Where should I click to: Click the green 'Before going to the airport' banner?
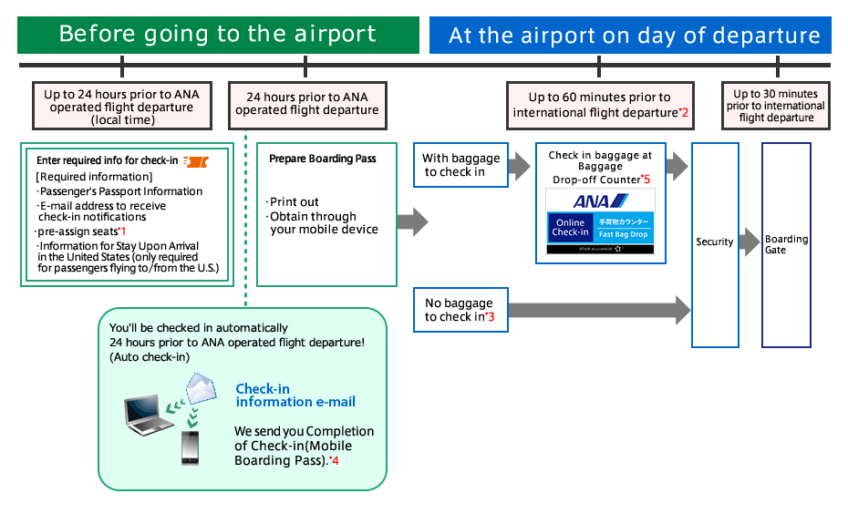point(218,35)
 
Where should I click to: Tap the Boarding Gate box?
point(786,244)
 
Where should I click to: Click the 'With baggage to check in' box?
point(460,165)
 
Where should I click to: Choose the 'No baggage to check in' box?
point(460,310)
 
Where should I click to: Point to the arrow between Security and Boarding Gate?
point(750,242)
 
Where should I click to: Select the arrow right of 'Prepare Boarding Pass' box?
point(412,221)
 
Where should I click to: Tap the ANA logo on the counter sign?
point(600,200)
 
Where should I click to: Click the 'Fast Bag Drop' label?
point(624,234)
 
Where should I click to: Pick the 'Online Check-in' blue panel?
point(570,228)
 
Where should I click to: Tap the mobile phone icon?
point(190,447)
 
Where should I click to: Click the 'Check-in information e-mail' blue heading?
point(295,396)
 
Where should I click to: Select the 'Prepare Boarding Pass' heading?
point(323,159)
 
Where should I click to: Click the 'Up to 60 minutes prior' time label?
point(600,105)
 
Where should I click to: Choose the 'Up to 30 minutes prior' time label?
point(776,106)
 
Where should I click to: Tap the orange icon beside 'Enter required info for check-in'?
point(195,161)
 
